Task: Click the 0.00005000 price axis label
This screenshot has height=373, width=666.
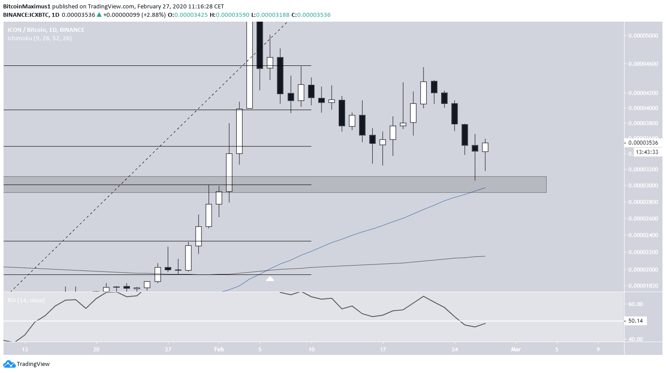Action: [643, 35]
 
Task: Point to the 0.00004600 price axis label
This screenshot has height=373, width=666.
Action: [643, 64]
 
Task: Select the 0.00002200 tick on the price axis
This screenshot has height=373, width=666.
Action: [643, 252]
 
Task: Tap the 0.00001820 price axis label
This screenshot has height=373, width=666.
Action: [643, 286]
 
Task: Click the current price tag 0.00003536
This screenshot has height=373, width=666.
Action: [643, 142]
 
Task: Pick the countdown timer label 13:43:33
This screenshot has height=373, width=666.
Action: [647, 152]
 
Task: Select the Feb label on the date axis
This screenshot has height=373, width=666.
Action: [219, 349]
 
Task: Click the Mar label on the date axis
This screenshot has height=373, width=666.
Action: [516, 349]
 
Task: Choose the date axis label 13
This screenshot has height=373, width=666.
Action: [25, 349]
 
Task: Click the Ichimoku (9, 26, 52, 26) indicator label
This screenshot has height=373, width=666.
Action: [39, 38]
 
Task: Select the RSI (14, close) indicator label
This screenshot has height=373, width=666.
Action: [26, 301]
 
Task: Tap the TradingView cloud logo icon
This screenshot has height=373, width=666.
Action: [9, 364]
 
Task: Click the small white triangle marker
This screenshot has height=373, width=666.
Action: [270, 279]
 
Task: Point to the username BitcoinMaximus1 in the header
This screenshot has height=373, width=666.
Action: [26, 7]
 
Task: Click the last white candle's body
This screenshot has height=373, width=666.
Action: [485, 147]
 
